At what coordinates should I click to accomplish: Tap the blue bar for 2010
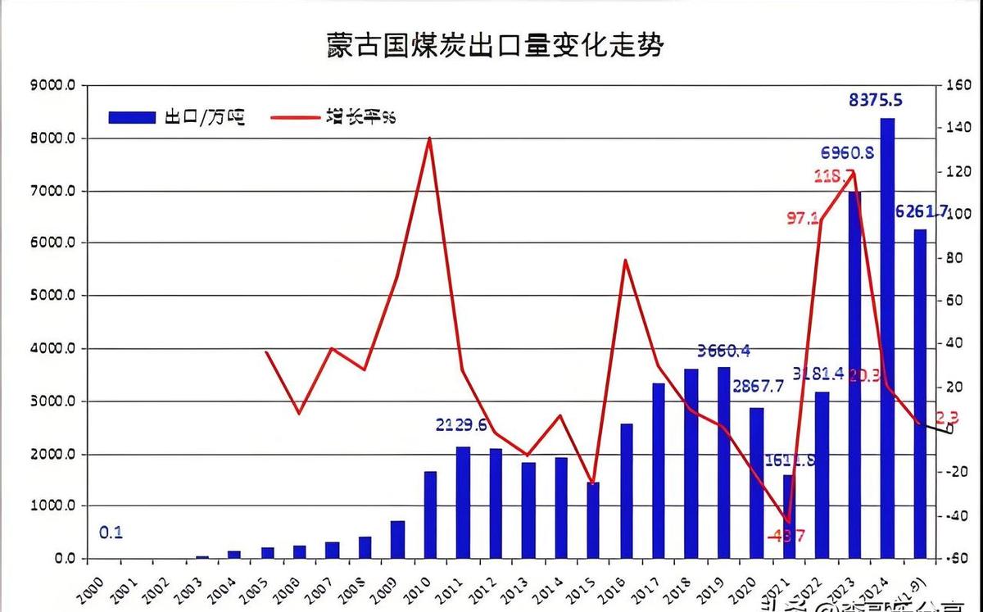click(430, 515)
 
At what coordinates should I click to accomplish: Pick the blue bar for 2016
click(626, 491)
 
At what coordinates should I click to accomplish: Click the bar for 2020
click(756, 483)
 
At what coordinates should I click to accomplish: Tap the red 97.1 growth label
click(804, 218)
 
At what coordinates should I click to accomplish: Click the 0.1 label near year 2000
click(111, 533)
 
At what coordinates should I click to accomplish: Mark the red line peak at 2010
click(430, 138)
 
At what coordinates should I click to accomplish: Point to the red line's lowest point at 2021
click(788, 521)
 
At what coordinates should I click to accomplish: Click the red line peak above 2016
click(625, 261)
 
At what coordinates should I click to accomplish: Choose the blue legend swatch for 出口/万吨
click(131, 117)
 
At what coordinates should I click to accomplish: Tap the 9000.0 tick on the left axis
click(52, 85)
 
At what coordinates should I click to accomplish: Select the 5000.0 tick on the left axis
click(52, 296)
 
